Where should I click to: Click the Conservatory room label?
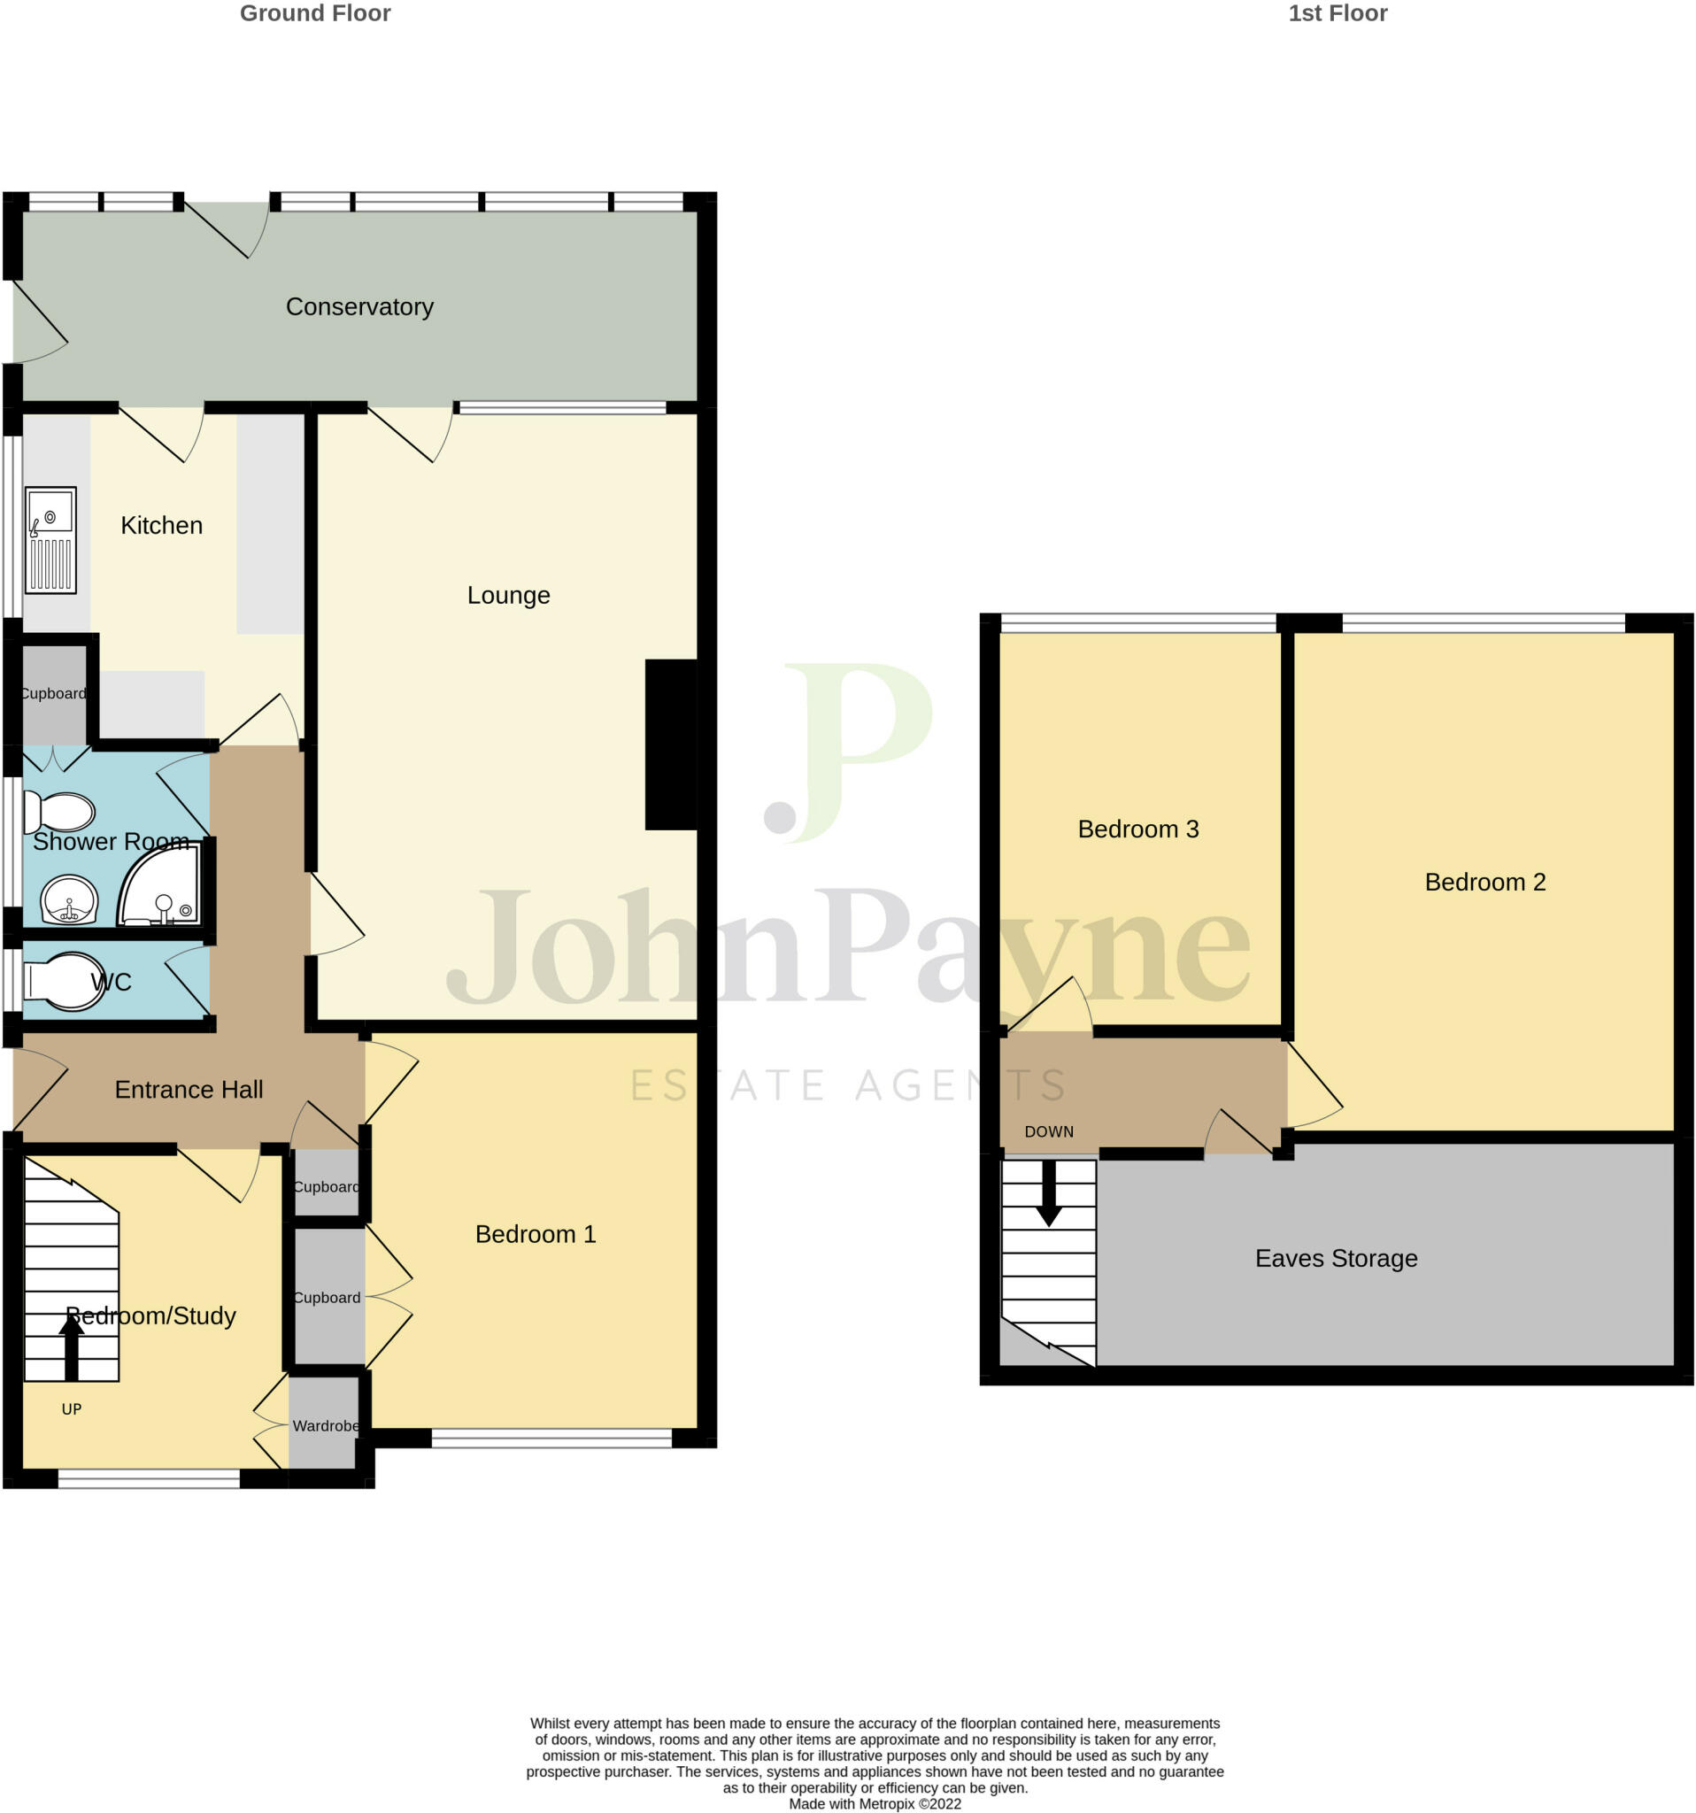point(359,306)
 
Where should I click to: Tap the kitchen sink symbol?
point(50,540)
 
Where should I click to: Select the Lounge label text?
point(508,596)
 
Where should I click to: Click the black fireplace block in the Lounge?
point(671,744)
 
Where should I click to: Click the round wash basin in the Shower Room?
point(69,899)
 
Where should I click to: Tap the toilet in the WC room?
point(64,983)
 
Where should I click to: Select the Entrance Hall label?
point(189,1089)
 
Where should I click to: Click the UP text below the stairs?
point(71,1409)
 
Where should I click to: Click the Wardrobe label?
point(325,1425)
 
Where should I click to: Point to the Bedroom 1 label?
point(536,1234)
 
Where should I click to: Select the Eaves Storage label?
point(1336,1259)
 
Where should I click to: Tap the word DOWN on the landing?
point(1049,1131)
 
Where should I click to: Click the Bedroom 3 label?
point(1138,829)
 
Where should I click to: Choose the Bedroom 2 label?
point(1484,882)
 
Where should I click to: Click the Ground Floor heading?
point(314,12)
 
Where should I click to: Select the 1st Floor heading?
point(1337,12)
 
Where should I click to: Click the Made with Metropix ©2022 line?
point(875,1803)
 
